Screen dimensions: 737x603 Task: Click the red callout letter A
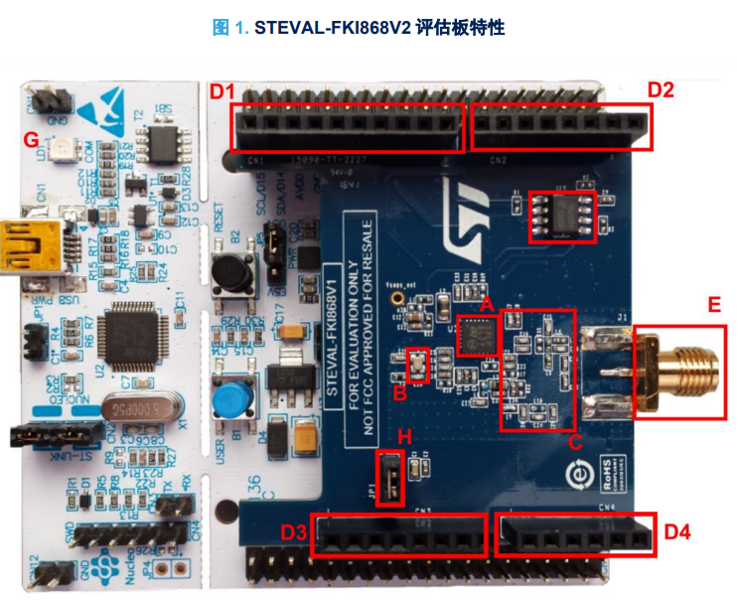click(x=487, y=307)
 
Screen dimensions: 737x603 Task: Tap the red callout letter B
click(x=399, y=392)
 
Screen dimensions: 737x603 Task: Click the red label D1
click(x=221, y=92)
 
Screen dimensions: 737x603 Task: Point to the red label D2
click(x=661, y=90)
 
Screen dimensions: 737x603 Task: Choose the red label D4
click(x=676, y=532)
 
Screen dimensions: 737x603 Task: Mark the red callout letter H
click(x=403, y=437)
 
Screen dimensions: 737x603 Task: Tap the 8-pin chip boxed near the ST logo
click(x=562, y=216)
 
